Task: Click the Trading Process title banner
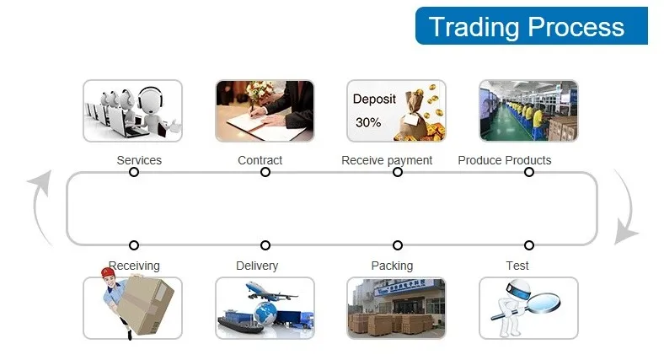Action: point(532,26)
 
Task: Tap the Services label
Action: point(139,160)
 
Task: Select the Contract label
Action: point(260,160)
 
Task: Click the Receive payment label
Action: point(387,160)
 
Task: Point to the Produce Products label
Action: point(505,160)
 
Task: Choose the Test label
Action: point(517,266)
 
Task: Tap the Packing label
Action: point(392,266)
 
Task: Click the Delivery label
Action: point(257,266)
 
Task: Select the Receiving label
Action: point(135,266)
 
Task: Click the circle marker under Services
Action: point(134,172)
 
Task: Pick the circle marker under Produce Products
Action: point(529,172)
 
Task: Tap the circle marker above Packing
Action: point(397,245)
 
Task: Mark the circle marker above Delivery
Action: point(265,245)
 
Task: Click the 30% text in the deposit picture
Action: point(368,123)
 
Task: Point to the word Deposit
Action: point(374,99)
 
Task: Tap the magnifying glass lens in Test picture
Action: point(544,302)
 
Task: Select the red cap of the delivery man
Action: point(108,272)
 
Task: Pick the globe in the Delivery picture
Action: point(265,314)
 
